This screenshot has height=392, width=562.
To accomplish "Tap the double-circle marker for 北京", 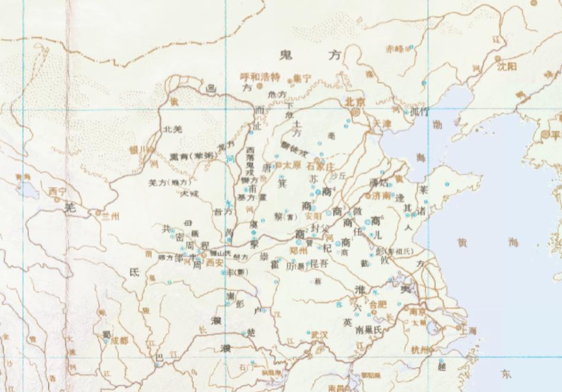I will click(355, 111).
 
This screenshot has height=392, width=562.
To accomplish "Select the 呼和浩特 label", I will click(259, 77).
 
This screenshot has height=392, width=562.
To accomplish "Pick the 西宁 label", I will click(58, 192).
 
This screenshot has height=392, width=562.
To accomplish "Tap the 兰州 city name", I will click(111, 216).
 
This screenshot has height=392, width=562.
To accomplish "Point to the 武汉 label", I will click(319, 335).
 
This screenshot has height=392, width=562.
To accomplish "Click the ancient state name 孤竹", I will click(419, 111).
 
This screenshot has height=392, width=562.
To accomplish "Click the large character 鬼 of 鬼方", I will click(288, 55).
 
